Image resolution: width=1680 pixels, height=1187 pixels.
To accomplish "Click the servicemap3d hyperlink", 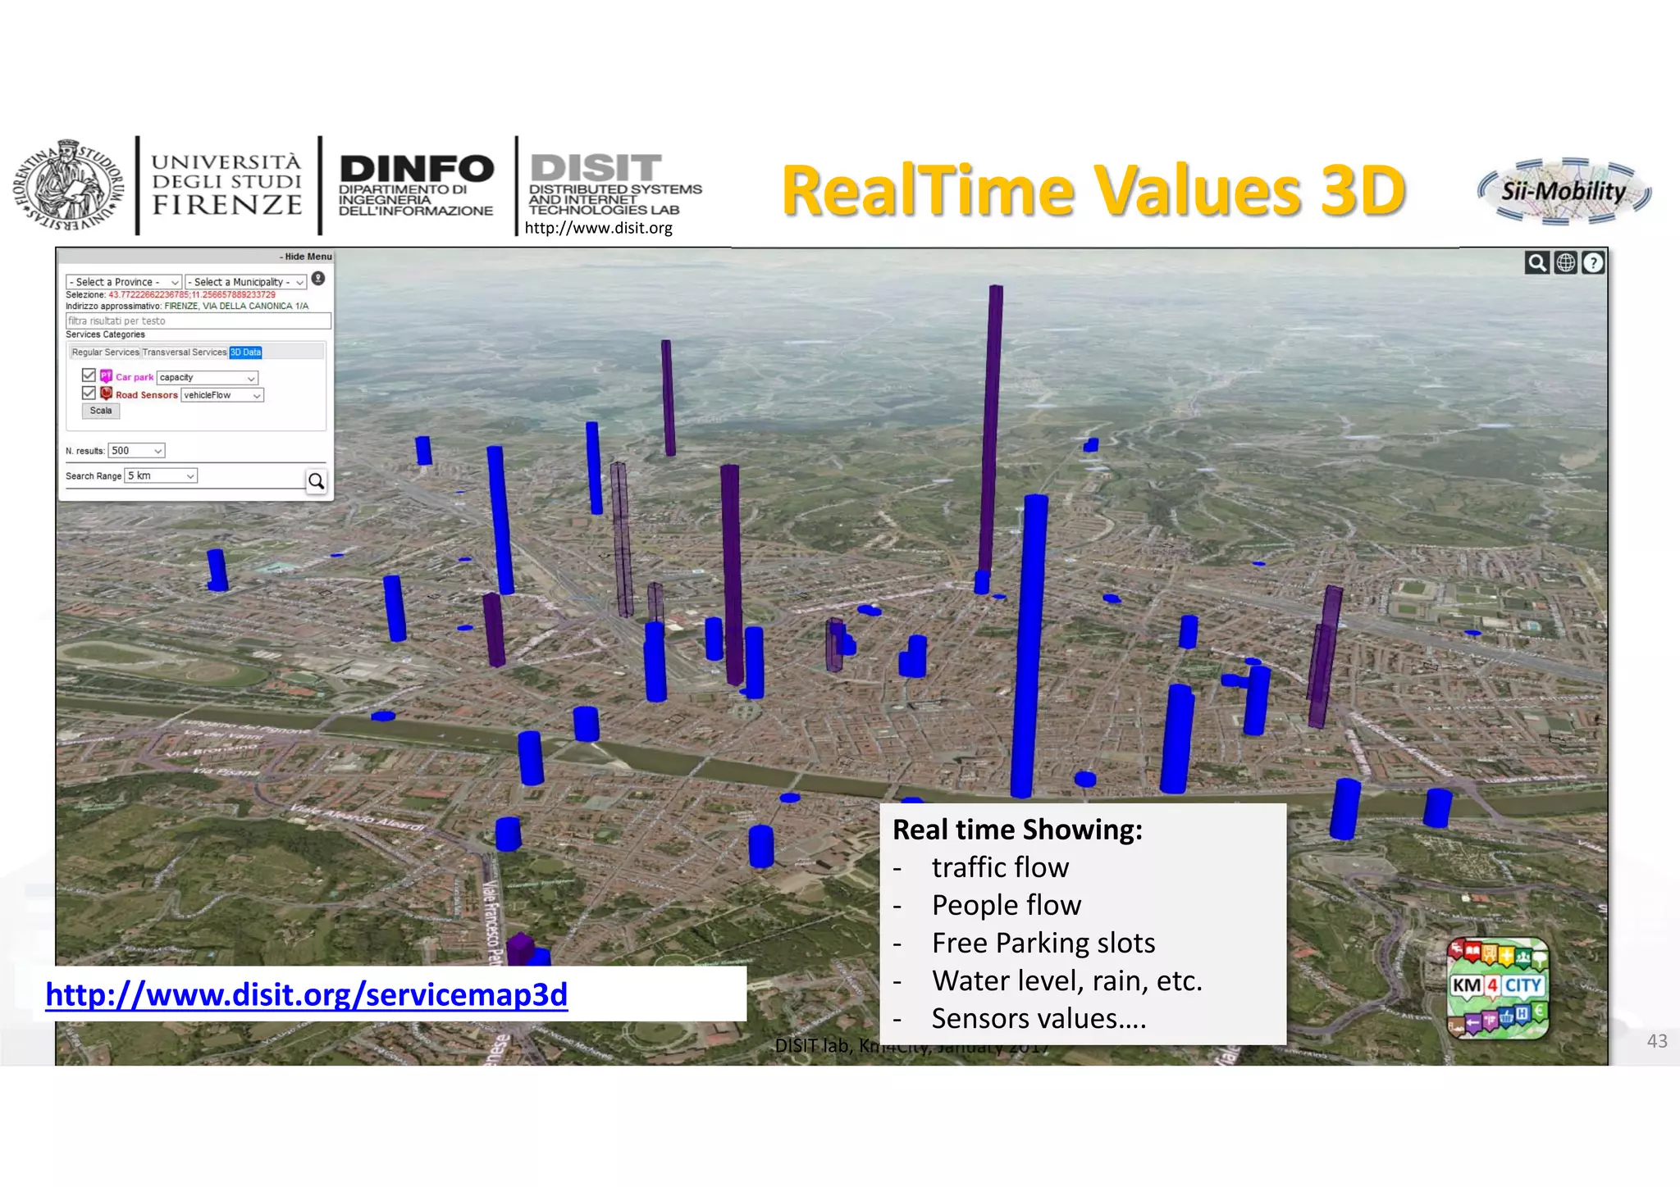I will point(306,994).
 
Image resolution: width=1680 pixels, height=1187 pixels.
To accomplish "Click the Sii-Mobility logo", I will point(1564,192).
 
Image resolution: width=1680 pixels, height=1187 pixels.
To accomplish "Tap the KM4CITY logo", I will point(1497,988).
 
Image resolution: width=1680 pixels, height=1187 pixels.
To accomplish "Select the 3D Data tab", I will point(245,352).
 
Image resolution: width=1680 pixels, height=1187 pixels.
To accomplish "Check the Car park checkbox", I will point(89,375).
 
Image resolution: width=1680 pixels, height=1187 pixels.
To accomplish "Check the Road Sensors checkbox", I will point(89,393).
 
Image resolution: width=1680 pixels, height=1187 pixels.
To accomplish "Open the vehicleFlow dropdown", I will point(221,395).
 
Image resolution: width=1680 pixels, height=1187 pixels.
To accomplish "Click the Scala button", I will point(101,411).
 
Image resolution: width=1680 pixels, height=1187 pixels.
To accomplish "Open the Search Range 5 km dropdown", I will point(161,475).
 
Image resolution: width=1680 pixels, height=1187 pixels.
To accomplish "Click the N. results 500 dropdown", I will point(136,451).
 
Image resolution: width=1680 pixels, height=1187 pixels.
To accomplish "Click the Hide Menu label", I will point(305,257).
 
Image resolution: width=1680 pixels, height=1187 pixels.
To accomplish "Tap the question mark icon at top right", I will point(1592,262).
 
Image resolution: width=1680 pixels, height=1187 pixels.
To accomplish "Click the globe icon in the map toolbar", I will point(1565,262).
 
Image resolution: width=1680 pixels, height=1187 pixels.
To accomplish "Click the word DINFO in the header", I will point(416,169).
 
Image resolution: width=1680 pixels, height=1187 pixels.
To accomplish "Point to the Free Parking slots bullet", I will point(1043,943).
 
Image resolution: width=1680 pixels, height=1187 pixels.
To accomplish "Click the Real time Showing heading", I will point(1017,830).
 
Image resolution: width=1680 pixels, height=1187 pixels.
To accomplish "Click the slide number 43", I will point(1656,1041).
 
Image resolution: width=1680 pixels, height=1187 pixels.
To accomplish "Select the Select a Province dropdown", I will point(123,282).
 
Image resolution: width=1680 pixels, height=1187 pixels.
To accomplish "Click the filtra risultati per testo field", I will point(198,321).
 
